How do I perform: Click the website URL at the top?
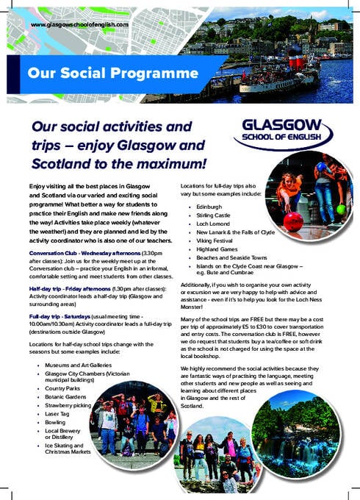click(79, 26)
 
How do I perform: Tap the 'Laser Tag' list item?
click(59, 415)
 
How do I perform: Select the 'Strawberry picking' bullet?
click(68, 406)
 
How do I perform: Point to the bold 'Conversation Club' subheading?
click(58, 253)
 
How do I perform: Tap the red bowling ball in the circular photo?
click(292, 221)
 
